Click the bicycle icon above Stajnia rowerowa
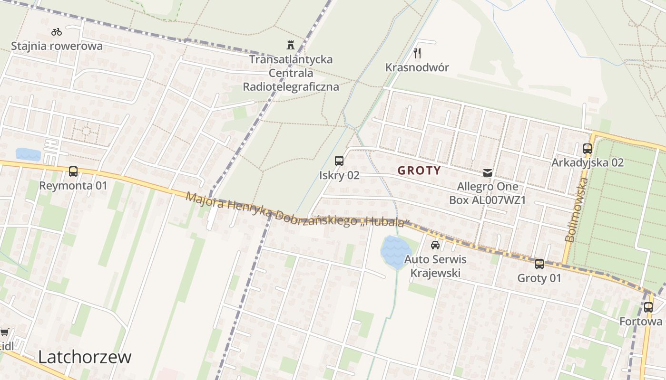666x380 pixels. [57, 32]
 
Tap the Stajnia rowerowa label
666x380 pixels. [57, 46]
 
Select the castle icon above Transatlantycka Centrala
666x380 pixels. [291, 45]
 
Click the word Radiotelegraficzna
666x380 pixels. [291, 86]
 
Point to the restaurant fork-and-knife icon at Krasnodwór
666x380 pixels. [417, 53]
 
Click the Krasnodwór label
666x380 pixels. [417, 67]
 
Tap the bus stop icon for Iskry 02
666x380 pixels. [339, 161]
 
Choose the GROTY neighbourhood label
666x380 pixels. [419, 171]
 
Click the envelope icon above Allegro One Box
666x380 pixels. [488, 173]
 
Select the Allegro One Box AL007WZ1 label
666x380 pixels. [488, 193]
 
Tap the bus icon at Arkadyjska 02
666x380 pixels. [588, 149]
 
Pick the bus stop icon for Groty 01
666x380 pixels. [539, 264]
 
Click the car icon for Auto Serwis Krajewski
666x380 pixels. [435, 245]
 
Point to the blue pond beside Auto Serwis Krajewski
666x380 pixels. [395, 251]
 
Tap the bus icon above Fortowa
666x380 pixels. [648, 307]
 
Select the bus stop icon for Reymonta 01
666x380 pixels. [73, 171]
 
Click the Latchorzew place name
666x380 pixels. [85, 357]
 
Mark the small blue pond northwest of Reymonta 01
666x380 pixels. [28, 154]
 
